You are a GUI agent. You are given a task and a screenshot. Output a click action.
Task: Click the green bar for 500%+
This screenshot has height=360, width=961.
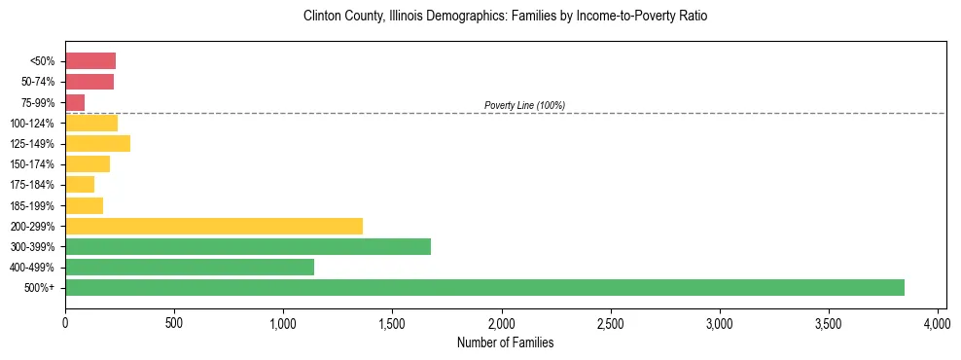click(x=484, y=287)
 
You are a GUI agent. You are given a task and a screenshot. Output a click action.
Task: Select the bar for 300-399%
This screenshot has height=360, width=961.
click(x=248, y=246)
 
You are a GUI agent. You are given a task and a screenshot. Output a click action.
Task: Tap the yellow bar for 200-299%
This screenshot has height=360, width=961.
click(x=214, y=226)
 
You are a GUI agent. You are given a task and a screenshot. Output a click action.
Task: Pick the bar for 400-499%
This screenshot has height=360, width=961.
click(x=190, y=267)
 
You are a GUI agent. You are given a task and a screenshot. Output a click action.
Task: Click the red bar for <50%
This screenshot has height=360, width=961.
click(x=90, y=61)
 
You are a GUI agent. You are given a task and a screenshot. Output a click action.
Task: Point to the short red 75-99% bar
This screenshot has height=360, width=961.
click(x=75, y=102)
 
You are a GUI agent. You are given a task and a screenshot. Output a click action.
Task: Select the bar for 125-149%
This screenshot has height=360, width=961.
click(x=97, y=144)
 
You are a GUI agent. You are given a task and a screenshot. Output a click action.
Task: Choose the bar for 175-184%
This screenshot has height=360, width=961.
click(x=80, y=185)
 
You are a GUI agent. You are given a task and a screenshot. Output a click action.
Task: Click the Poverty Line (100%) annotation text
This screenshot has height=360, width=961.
click(x=524, y=105)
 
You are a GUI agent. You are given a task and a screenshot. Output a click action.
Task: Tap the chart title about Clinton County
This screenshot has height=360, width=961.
click(x=505, y=17)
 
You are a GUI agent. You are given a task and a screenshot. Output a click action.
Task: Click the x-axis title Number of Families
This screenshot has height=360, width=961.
click(x=505, y=342)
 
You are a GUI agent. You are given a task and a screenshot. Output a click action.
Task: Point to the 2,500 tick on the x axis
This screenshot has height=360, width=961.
click(x=611, y=322)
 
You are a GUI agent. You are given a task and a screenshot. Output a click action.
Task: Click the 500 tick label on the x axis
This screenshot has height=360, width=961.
click(x=174, y=322)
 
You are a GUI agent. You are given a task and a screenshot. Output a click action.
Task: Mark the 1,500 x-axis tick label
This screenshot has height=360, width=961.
click(x=392, y=322)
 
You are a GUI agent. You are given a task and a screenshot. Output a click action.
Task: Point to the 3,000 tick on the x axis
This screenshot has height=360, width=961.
click(x=720, y=322)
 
